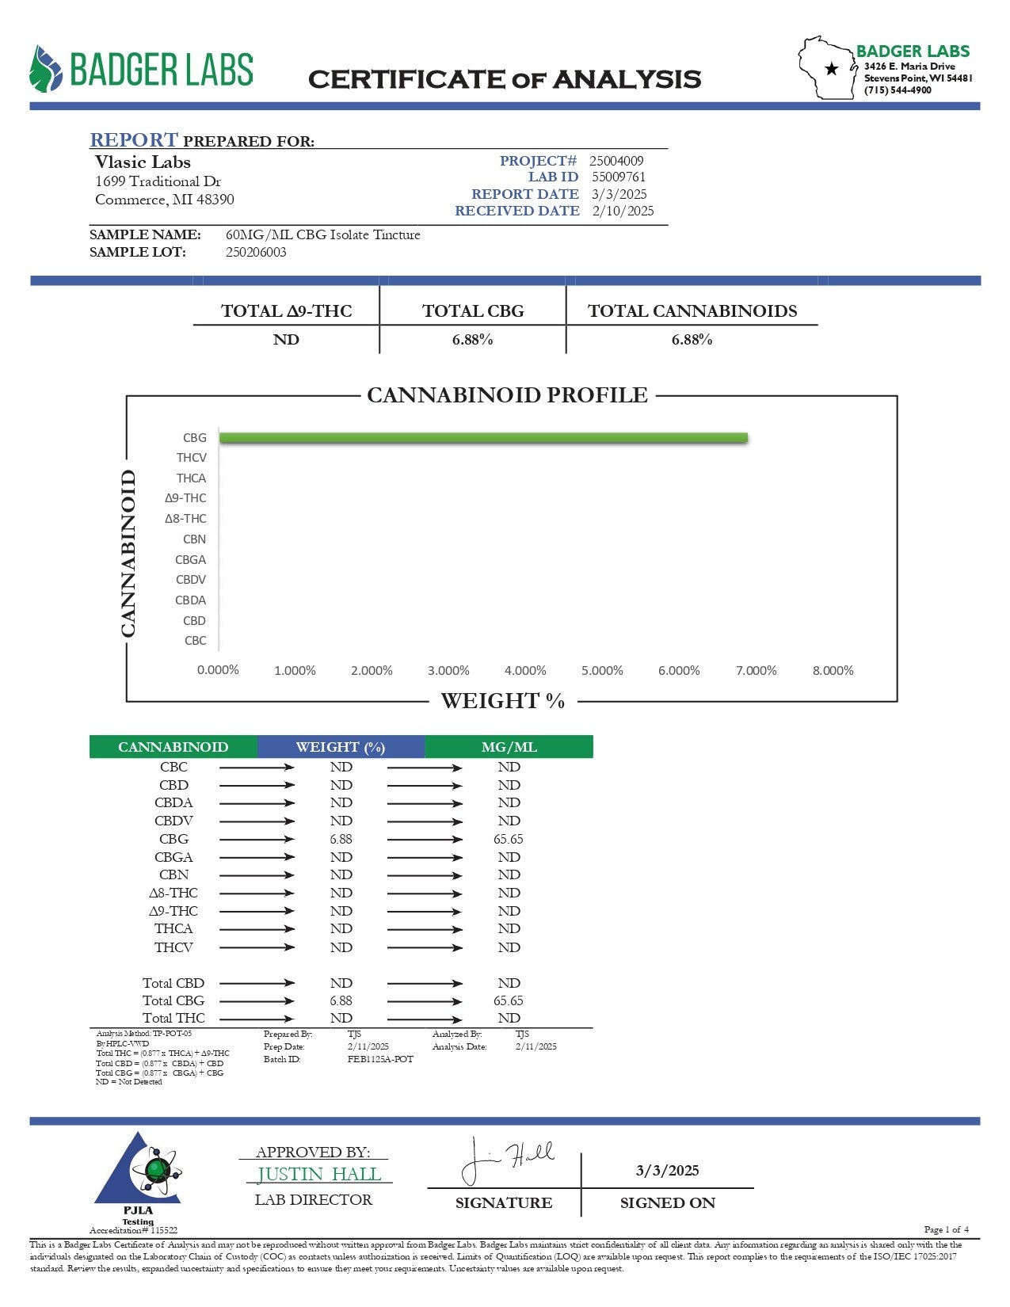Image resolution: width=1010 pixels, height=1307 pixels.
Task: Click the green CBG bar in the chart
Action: click(483, 438)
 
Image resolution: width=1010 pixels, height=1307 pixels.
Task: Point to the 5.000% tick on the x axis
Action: click(602, 671)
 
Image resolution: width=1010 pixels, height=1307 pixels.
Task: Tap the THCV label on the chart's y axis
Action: click(192, 458)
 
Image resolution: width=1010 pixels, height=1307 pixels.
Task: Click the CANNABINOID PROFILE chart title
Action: click(507, 395)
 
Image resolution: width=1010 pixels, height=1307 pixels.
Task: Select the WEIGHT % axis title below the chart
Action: click(502, 701)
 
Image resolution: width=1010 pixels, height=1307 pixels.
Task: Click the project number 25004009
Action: click(616, 161)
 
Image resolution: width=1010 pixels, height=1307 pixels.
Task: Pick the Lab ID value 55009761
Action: click(619, 177)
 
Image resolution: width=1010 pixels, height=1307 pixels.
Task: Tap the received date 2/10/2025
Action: click(623, 211)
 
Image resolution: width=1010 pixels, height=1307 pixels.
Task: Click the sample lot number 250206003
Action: click(256, 252)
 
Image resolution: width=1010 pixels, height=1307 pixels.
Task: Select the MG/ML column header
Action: click(509, 747)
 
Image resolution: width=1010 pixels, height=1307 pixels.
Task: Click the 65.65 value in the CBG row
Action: click(509, 839)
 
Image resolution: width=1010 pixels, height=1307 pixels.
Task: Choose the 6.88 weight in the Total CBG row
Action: click(341, 1000)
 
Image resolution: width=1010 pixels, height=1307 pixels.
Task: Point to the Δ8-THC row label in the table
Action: click(173, 893)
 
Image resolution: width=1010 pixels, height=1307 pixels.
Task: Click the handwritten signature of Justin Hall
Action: click(507, 1160)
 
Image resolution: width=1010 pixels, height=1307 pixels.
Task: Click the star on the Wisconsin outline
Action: click(832, 69)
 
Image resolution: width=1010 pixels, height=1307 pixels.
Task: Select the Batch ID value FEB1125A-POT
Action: click(380, 1059)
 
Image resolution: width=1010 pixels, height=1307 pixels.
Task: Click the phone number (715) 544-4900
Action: click(898, 90)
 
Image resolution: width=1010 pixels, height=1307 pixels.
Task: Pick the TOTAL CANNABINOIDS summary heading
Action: click(692, 311)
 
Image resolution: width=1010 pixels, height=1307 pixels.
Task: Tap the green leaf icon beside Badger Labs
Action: click(45, 69)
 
